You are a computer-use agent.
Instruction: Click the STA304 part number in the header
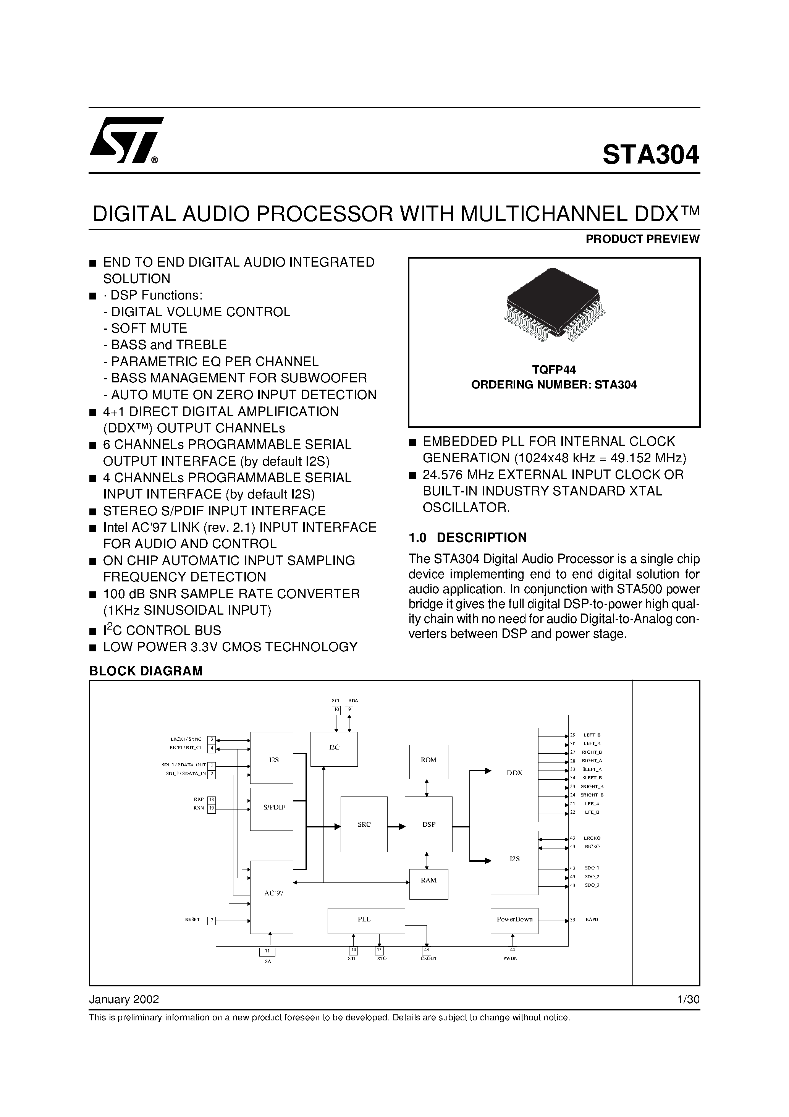click(x=650, y=155)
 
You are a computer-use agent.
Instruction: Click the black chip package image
click(x=554, y=304)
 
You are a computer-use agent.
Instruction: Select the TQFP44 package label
click(x=554, y=370)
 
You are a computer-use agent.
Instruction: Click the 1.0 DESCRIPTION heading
click(x=467, y=537)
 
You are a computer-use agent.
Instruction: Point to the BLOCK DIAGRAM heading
click(x=146, y=671)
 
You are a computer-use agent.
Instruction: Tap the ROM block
click(x=428, y=760)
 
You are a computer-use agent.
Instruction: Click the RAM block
click(x=428, y=880)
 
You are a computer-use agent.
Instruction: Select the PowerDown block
click(x=514, y=919)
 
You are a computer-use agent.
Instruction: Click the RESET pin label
click(x=192, y=920)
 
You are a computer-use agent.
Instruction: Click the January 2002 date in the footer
click(x=124, y=999)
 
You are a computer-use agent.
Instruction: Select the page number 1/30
click(x=688, y=999)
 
